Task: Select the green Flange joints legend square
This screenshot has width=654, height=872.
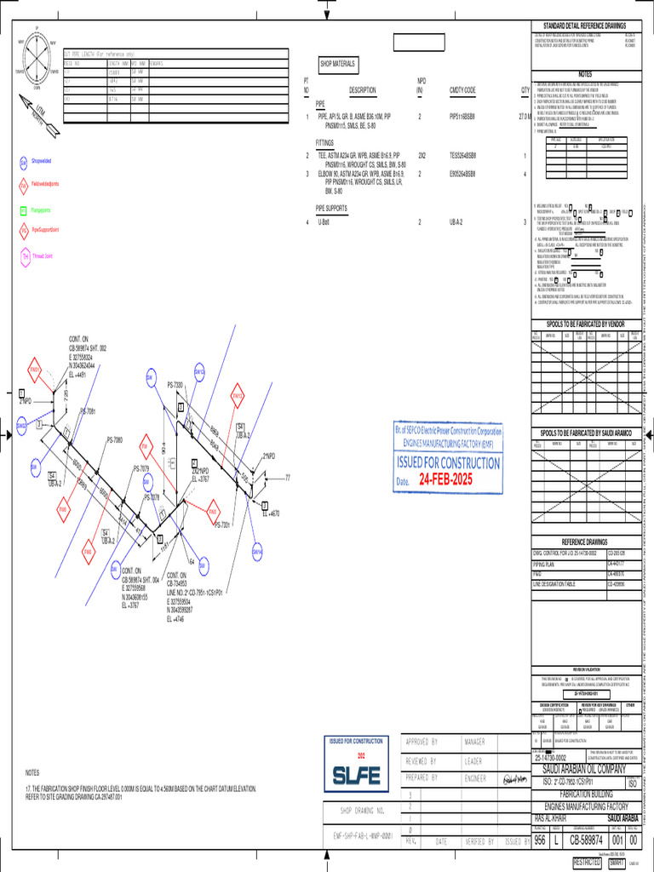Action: click(24, 209)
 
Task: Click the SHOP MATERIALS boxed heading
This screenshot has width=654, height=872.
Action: click(338, 64)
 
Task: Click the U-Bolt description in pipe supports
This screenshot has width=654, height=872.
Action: click(324, 222)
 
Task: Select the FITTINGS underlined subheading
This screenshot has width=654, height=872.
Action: click(325, 144)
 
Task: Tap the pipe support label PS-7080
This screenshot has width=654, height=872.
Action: click(115, 440)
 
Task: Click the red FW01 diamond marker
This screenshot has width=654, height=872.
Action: click(35, 370)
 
